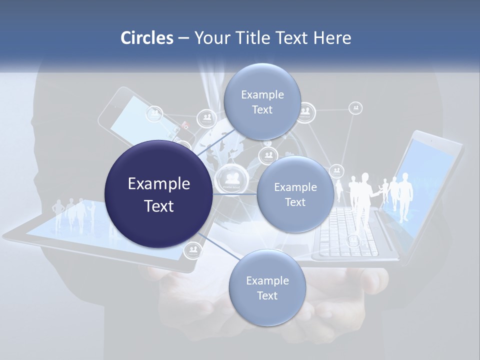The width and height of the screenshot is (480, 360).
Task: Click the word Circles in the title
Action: click(x=146, y=38)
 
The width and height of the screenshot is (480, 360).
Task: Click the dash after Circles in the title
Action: click(x=183, y=38)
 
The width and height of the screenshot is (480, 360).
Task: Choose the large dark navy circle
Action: click(x=158, y=194)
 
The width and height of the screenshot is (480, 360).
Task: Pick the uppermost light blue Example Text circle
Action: click(x=262, y=102)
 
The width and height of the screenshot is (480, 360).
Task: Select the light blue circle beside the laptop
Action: click(x=295, y=194)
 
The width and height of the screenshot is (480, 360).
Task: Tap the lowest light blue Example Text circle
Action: click(x=267, y=288)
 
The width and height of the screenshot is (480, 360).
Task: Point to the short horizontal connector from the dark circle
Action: click(x=234, y=194)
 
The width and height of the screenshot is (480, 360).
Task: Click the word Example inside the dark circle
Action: click(x=158, y=184)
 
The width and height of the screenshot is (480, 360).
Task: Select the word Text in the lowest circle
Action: click(x=267, y=295)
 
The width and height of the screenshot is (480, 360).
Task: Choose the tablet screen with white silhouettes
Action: click(x=75, y=220)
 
